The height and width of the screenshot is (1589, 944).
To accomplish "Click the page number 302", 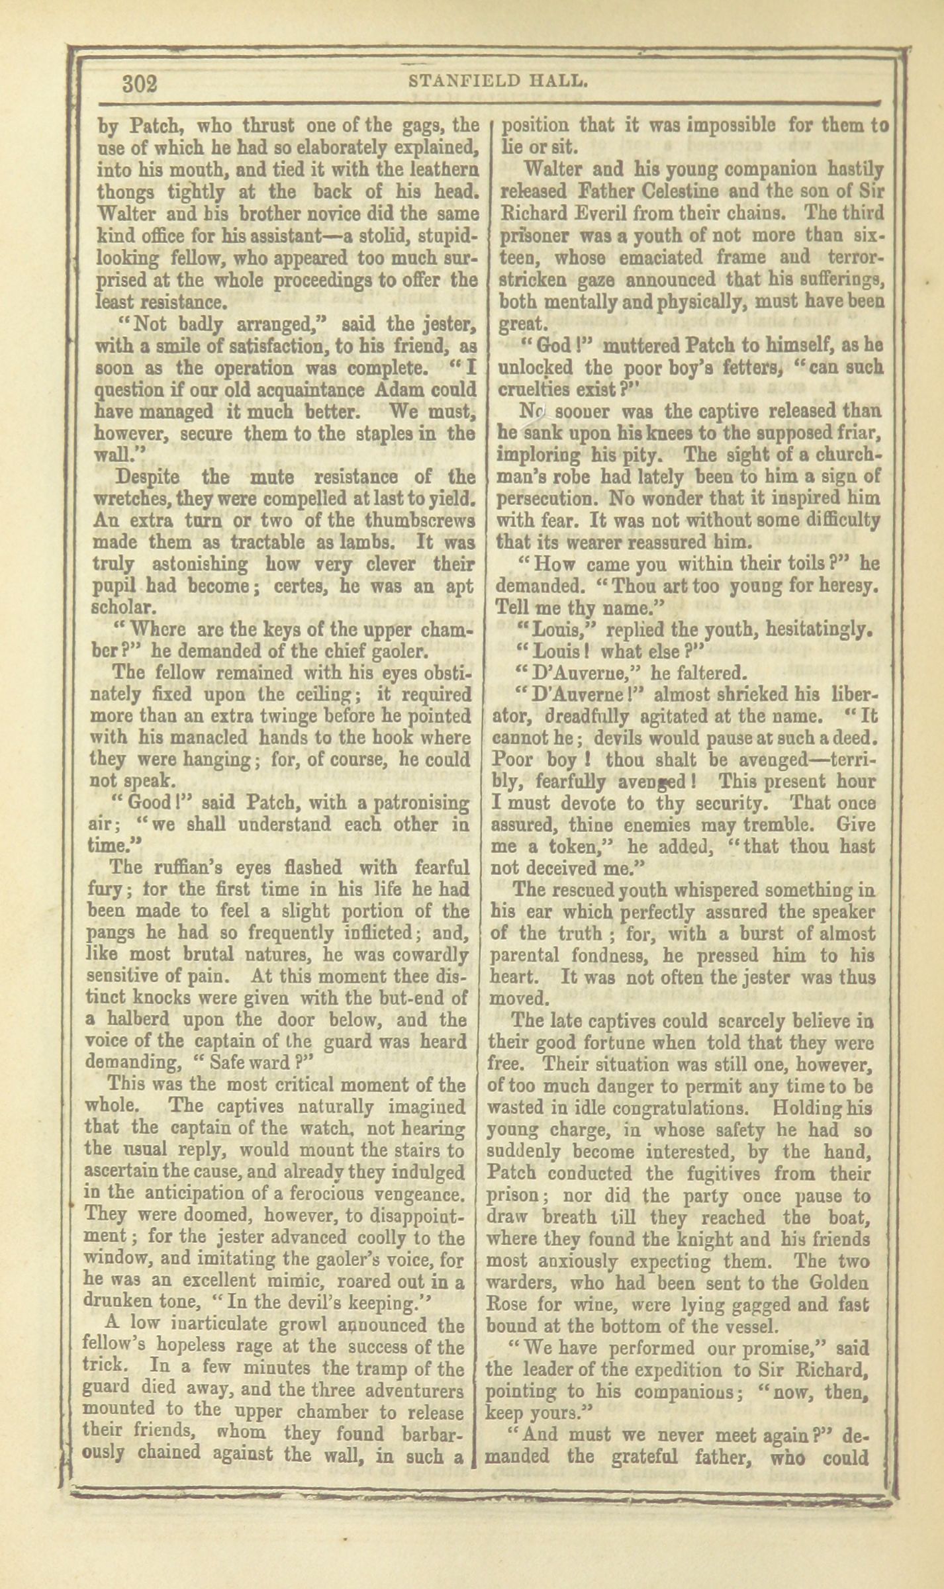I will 139,85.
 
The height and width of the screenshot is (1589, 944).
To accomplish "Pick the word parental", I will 526,956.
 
